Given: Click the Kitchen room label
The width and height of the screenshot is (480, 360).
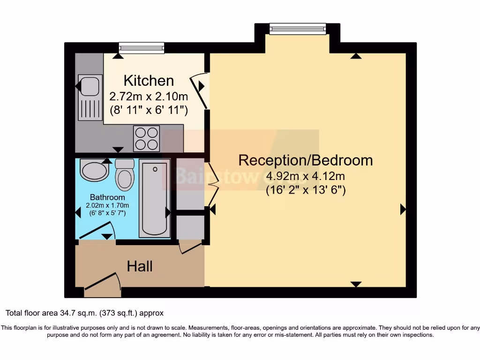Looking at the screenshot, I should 149,81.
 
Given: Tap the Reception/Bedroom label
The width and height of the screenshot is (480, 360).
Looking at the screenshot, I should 306,160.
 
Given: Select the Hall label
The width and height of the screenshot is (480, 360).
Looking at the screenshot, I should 140,267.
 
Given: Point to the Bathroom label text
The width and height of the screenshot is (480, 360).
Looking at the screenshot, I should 107,197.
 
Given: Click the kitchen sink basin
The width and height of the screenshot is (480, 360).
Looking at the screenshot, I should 90,86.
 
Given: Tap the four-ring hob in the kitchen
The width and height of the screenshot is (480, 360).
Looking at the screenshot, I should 147,138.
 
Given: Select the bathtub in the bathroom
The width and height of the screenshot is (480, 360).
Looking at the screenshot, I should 155,198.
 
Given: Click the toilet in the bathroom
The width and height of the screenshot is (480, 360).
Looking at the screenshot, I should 125,175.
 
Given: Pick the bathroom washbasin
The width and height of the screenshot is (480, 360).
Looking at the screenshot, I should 94,170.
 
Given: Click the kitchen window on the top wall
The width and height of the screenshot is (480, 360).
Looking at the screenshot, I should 142,47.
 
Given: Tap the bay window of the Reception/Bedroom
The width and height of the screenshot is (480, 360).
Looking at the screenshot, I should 298,29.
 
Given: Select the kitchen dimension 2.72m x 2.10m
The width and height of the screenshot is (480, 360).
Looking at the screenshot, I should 149,97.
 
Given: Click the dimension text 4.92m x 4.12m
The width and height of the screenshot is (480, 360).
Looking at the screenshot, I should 306,177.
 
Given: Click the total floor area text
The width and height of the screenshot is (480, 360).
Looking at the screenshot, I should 84,313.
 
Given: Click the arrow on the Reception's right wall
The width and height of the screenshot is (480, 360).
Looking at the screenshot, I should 402,210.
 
